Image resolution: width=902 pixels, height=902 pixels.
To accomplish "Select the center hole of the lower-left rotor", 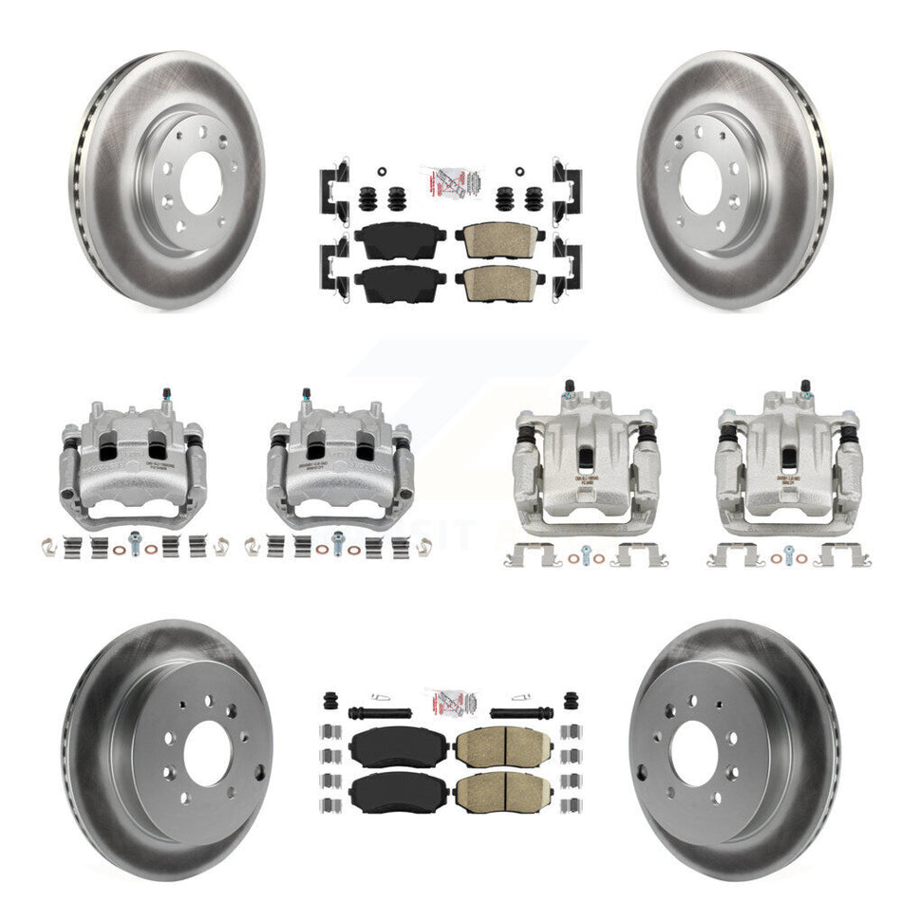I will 207,753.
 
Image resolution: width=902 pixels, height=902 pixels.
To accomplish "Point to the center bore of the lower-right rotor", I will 693,753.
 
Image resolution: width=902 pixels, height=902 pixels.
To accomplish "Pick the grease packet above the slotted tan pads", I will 450,704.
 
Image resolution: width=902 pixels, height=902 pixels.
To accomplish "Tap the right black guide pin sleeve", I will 517,712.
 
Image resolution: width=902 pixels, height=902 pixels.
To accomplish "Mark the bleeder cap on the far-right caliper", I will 805,385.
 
